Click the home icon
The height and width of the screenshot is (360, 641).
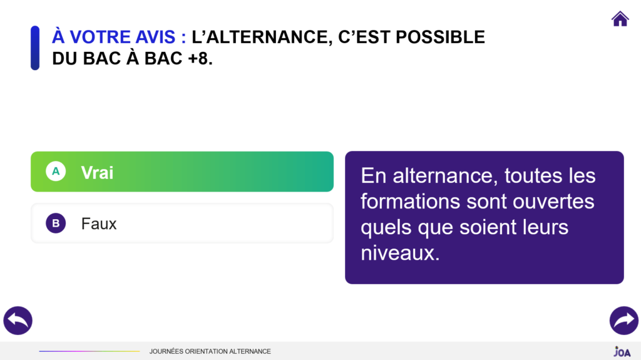[x=620, y=19]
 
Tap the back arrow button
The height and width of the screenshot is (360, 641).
[x=18, y=321]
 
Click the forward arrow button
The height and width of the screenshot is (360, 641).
[x=623, y=321]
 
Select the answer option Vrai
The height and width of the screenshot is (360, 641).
[x=182, y=172]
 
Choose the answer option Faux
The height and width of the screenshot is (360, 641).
[x=182, y=223]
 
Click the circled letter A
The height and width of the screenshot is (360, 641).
[x=56, y=172]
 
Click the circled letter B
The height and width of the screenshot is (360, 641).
[x=56, y=223]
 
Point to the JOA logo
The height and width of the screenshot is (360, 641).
[x=622, y=351]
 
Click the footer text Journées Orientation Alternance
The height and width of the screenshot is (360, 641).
[x=210, y=351]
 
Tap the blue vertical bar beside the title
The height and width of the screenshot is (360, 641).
[x=35, y=48]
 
